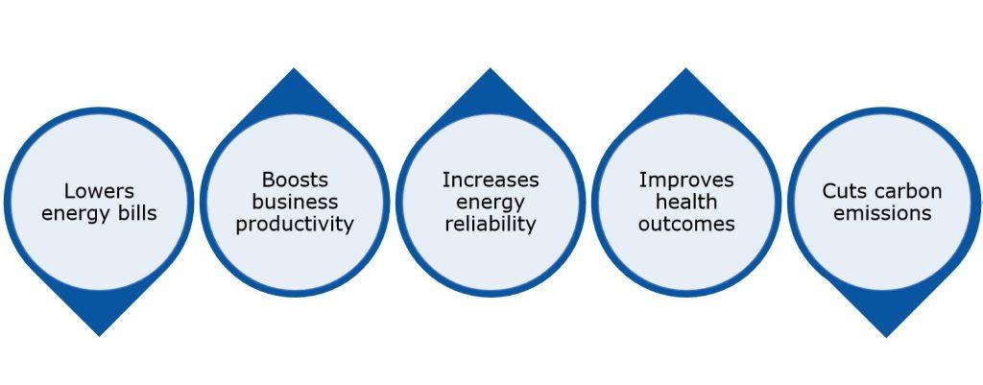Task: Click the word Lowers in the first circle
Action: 99,191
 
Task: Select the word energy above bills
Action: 76,213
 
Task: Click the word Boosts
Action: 295,180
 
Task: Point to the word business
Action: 295,202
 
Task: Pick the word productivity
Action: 295,225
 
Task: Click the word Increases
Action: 491,180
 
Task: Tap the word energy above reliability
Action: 491,202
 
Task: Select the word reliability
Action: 491,225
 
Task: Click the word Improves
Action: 686,180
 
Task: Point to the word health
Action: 686,202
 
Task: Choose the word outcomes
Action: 686,225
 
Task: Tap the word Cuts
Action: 842,191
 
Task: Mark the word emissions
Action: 882,213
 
